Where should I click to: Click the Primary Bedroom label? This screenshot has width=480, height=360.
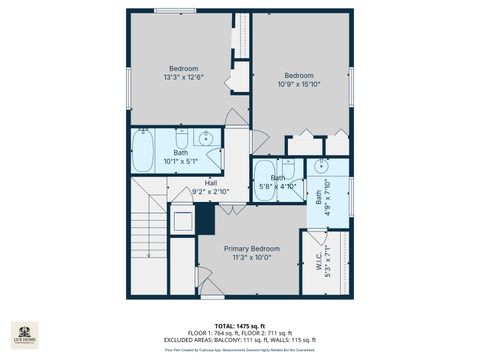251,248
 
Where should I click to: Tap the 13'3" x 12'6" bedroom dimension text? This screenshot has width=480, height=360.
183,77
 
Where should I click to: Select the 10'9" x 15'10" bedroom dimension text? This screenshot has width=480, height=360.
299,84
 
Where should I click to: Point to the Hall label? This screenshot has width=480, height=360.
211,183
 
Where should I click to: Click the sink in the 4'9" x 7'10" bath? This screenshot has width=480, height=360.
322,166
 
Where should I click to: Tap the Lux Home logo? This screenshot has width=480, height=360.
24,335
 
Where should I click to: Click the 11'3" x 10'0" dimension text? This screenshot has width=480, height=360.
251,257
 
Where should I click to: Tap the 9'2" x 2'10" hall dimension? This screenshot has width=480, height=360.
211,192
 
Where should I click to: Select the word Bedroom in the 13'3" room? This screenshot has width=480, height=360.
183,68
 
